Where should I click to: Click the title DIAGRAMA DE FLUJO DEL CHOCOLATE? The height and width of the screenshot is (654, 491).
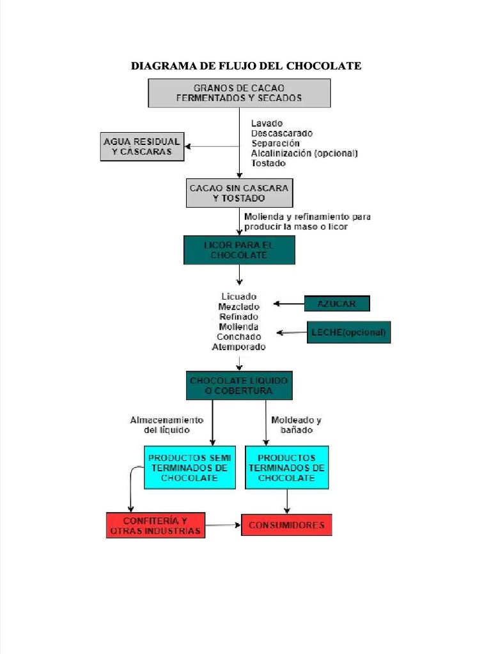pyautogui.click(x=246, y=66)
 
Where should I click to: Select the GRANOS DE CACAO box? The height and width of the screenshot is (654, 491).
pyautogui.click(x=239, y=93)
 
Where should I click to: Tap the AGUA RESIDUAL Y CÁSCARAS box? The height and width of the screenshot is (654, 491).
pyautogui.click(x=142, y=146)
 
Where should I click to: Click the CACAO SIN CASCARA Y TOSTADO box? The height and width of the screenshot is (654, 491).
pyautogui.click(x=239, y=193)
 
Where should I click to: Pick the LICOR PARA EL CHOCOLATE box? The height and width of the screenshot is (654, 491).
pyautogui.click(x=239, y=250)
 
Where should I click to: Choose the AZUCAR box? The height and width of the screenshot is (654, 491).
pyautogui.click(x=337, y=303)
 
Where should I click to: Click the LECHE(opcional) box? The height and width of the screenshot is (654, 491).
pyautogui.click(x=348, y=332)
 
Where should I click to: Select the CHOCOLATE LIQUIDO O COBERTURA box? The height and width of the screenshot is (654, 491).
pyautogui.click(x=239, y=385)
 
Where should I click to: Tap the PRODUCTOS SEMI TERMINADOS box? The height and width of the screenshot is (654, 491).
pyautogui.click(x=190, y=468)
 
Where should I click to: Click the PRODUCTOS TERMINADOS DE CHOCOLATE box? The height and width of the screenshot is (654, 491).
pyautogui.click(x=286, y=468)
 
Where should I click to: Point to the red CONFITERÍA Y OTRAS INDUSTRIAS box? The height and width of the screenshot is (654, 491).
pyautogui.click(x=155, y=525)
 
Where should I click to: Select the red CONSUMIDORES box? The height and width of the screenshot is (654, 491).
pyautogui.click(x=286, y=525)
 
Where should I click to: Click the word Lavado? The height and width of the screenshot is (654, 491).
pyautogui.click(x=267, y=123)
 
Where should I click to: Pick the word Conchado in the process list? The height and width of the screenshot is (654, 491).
pyautogui.click(x=238, y=337)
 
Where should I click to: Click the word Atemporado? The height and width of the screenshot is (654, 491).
pyautogui.click(x=238, y=347)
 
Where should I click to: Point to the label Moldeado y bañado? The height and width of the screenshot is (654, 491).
pyautogui.click(x=296, y=425)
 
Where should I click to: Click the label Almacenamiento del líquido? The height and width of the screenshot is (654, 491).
pyautogui.click(x=166, y=425)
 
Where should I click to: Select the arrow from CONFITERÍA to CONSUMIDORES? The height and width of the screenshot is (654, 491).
pyautogui.click(x=223, y=525)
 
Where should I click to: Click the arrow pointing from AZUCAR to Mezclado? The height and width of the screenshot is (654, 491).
pyautogui.click(x=288, y=303)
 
